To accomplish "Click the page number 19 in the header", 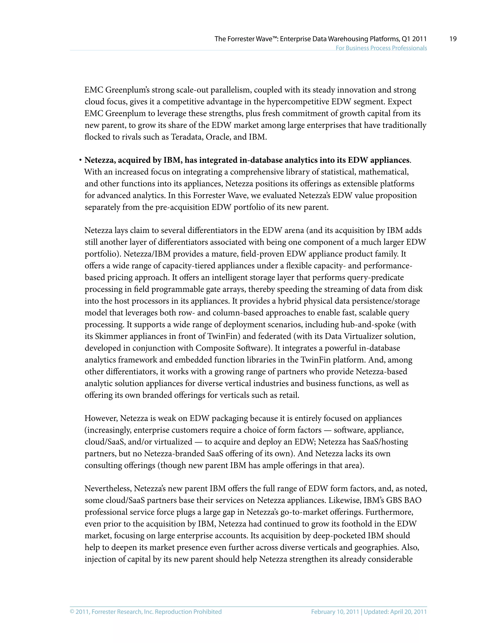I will coord(453,39).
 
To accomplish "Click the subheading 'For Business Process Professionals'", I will coord(381,48).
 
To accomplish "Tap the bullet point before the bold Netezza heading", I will coord(80,160).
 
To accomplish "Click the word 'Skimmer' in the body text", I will coord(111,336).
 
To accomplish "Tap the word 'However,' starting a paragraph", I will coord(101,418).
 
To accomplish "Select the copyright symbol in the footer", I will coord(72,612).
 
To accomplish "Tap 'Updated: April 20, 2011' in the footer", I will coord(395,612).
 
